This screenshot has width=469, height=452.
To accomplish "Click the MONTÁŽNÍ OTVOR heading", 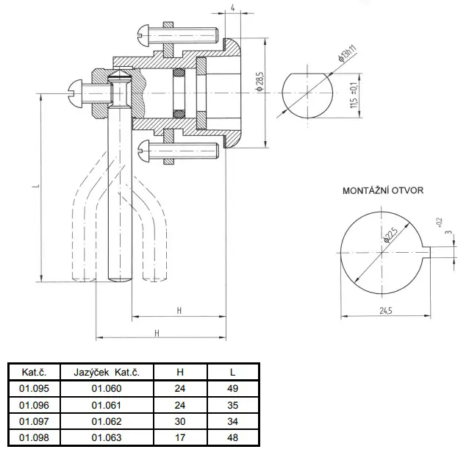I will pos(382,190).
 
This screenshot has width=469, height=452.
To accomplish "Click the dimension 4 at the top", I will pos(232,8).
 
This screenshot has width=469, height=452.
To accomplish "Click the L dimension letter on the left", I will pos(35,187).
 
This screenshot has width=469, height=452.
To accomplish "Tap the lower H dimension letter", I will pos(157,333).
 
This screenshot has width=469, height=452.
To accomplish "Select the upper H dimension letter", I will pos(179,310).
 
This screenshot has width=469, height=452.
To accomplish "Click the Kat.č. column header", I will pos(34,373).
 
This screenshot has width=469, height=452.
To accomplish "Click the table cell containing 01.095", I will pos(34,389).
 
